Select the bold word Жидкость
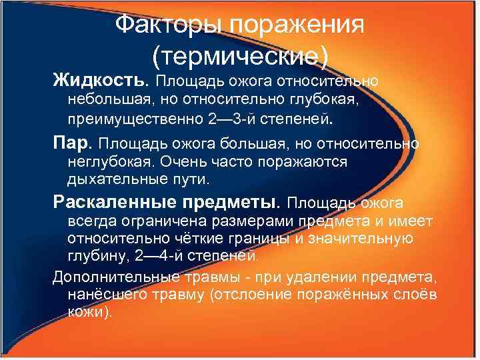point(98,81)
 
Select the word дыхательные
point(112,180)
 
